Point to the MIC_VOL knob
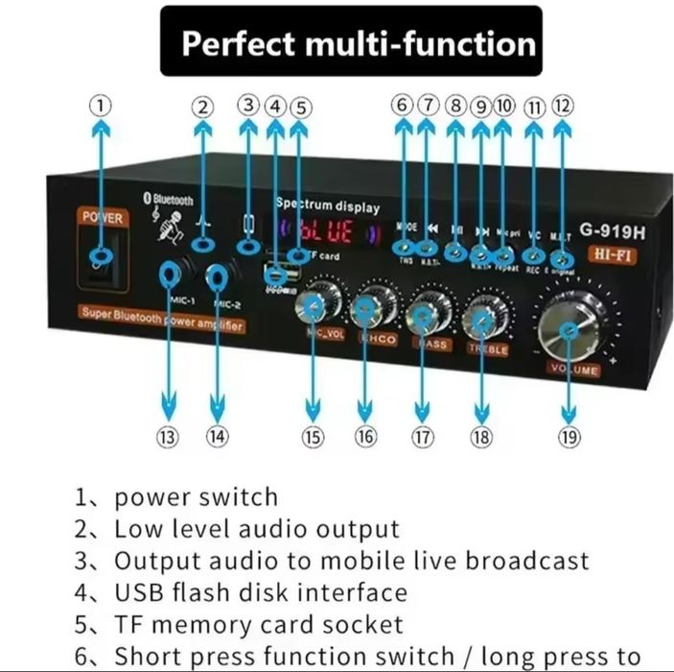(x=316, y=304)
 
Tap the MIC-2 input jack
(x=220, y=279)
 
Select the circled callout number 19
(x=569, y=437)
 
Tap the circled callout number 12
(x=562, y=107)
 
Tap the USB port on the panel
(x=276, y=276)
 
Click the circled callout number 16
(x=365, y=437)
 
